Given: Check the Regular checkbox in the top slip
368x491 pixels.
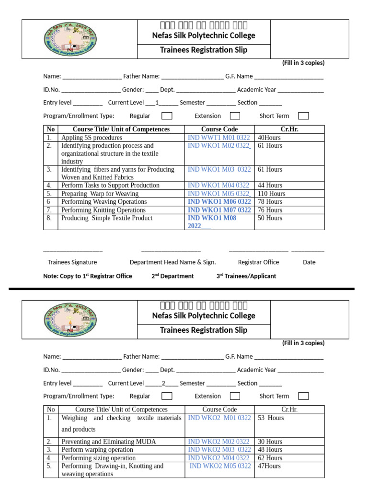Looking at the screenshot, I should coord(167,116).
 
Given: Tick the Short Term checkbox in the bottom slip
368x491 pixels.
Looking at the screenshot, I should coord(303,396).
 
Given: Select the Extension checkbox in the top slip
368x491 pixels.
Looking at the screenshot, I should coord(235,116).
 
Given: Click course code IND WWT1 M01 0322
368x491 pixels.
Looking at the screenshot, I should coord(219,138).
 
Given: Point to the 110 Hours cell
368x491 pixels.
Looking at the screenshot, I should coord(271,194).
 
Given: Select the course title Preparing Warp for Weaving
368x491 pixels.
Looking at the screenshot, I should coord(100,194).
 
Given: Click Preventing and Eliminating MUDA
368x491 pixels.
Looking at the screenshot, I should coord(108,441).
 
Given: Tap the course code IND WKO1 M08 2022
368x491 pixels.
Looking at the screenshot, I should coord(212,222).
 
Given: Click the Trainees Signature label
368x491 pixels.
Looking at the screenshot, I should coord(72,262).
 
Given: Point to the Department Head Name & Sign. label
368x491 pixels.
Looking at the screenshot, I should coord(172,262).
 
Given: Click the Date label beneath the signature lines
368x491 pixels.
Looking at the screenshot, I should coord(309,262).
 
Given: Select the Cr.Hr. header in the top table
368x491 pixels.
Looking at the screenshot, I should coord(289,129).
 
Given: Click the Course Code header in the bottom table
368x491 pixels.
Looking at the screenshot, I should coord(219,409).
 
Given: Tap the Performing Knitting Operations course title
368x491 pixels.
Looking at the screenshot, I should coord(103,210).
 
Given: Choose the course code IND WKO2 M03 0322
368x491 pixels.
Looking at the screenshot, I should coord(219,450).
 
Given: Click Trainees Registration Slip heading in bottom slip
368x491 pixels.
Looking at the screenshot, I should coord(204,330).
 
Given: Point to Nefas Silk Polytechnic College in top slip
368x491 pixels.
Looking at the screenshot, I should coord(204,35).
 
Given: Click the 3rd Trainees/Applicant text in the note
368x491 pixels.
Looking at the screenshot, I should coord(246,276).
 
